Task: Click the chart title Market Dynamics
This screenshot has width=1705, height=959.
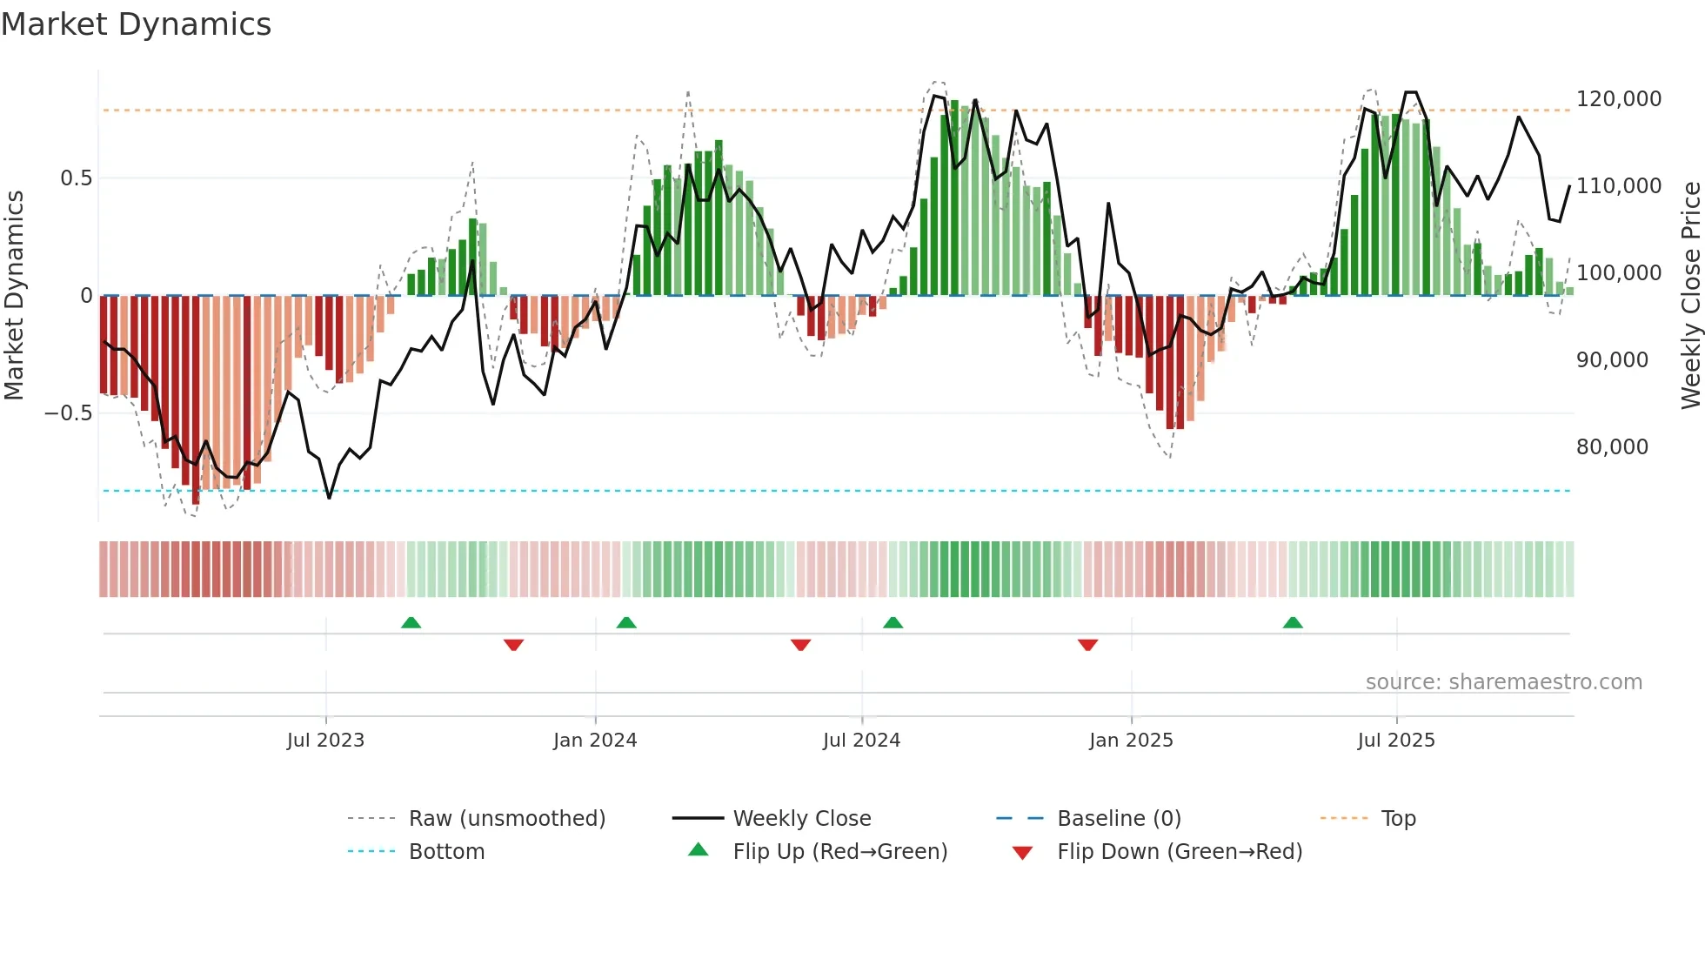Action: coord(136,24)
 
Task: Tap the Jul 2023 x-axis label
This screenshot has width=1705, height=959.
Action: coord(325,741)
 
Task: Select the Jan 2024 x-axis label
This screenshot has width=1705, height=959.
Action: coord(595,741)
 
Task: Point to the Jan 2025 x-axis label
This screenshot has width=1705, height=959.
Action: coord(1131,741)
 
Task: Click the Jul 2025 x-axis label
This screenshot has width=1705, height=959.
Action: coord(1396,741)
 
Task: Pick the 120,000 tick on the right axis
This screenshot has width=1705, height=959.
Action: coord(1618,99)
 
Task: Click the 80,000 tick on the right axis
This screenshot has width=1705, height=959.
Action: coord(1612,447)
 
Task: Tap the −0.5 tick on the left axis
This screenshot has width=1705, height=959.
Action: coord(68,413)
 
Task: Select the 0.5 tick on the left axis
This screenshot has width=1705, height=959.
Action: coord(76,178)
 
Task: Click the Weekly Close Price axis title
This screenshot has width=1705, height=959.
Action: coord(1690,295)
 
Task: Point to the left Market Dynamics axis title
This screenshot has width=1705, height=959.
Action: coord(14,295)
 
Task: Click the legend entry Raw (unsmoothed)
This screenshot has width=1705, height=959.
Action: coord(506,819)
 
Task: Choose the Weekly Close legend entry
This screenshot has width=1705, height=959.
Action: coord(801,819)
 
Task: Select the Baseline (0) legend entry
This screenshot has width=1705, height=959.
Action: coord(1119,819)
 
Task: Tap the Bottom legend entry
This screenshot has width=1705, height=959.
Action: coord(446,852)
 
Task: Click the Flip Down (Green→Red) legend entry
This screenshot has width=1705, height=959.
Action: coord(1179,852)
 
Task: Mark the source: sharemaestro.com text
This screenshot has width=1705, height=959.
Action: coord(1503,682)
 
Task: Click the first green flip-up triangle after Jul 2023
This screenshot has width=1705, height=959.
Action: coord(411,622)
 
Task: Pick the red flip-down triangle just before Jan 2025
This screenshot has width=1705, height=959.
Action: coord(1087,645)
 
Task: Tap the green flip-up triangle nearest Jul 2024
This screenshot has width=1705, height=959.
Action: coord(893,622)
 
